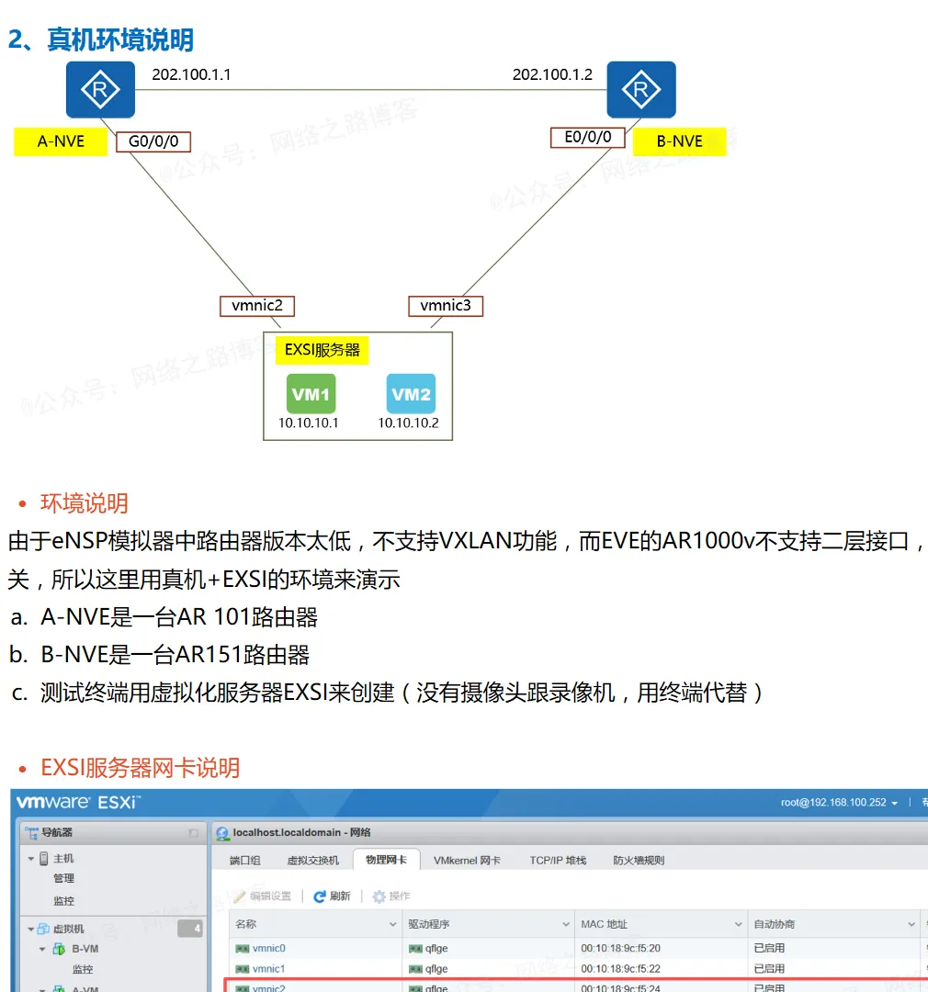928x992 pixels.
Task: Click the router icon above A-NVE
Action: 100,90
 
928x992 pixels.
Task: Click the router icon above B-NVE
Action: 641,90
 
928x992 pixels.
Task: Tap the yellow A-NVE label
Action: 61,141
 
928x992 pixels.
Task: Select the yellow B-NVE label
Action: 680,141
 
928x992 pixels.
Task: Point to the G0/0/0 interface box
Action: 153,141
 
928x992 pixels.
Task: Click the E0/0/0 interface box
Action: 587,138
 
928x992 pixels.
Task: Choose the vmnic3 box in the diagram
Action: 446,306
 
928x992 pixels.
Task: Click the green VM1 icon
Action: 311,394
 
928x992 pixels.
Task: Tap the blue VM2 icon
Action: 411,394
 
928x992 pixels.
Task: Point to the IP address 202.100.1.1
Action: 191,74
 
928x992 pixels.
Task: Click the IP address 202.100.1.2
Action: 552,74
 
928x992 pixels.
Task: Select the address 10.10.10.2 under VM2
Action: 409,423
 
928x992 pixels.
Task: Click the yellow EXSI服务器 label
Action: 323,350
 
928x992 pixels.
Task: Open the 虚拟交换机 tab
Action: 312,860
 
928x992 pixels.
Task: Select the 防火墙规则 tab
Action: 639,860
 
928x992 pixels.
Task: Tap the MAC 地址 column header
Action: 605,924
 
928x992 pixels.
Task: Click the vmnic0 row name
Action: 268,948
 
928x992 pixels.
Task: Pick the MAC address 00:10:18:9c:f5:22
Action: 620,968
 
